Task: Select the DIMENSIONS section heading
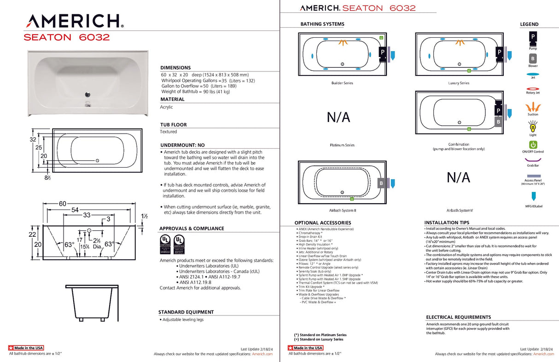pos(175,68)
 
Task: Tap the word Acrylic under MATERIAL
pos(167,107)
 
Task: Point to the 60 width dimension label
pos(63,204)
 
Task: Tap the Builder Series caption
pos(342,83)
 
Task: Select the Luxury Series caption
pos(459,83)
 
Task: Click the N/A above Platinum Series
pos(338,117)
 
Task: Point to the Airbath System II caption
pos(342,210)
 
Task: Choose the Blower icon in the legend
pos(533,58)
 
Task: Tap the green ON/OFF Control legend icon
pos(533,145)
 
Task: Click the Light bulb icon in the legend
pos(533,126)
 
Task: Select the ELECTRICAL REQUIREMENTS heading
pos(458,317)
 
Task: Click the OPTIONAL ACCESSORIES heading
pos(320,223)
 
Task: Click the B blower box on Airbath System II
pos(381,183)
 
